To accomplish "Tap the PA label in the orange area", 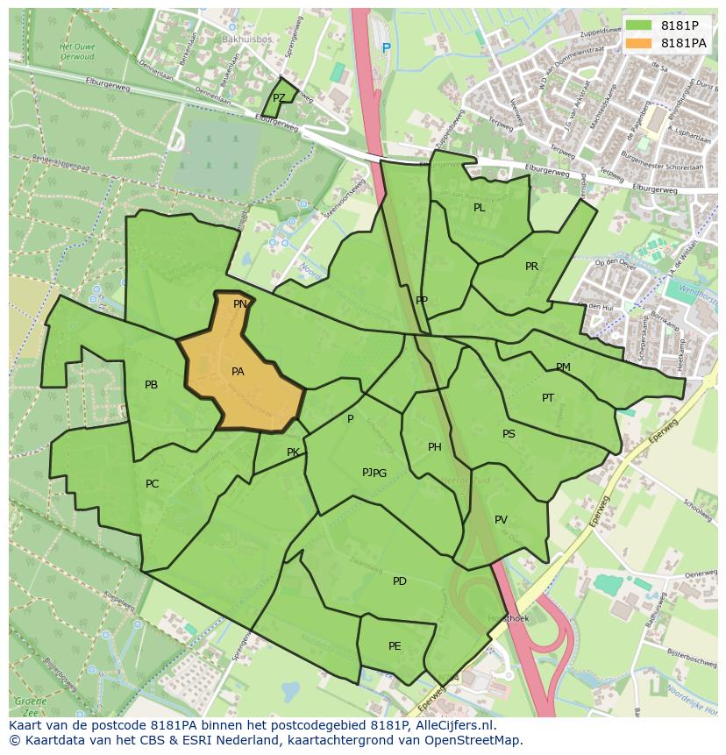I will [238, 372].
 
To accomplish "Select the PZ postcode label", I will [279, 98].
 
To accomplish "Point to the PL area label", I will [479, 208].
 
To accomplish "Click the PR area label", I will [531, 267].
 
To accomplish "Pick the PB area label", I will [151, 385].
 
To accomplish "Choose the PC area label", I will [153, 484].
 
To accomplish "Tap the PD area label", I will [400, 581].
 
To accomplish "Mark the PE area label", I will [395, 646].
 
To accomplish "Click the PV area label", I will [501, 520].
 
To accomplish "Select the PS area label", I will [509, 434].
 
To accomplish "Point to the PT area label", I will [548, 398].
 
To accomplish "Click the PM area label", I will [563, 367].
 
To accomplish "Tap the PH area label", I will [435, 447].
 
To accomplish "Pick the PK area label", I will [293, 452].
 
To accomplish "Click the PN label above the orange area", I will [239, 304].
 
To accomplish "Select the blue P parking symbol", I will [386, 47].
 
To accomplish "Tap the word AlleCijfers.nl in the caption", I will [452, 726].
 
